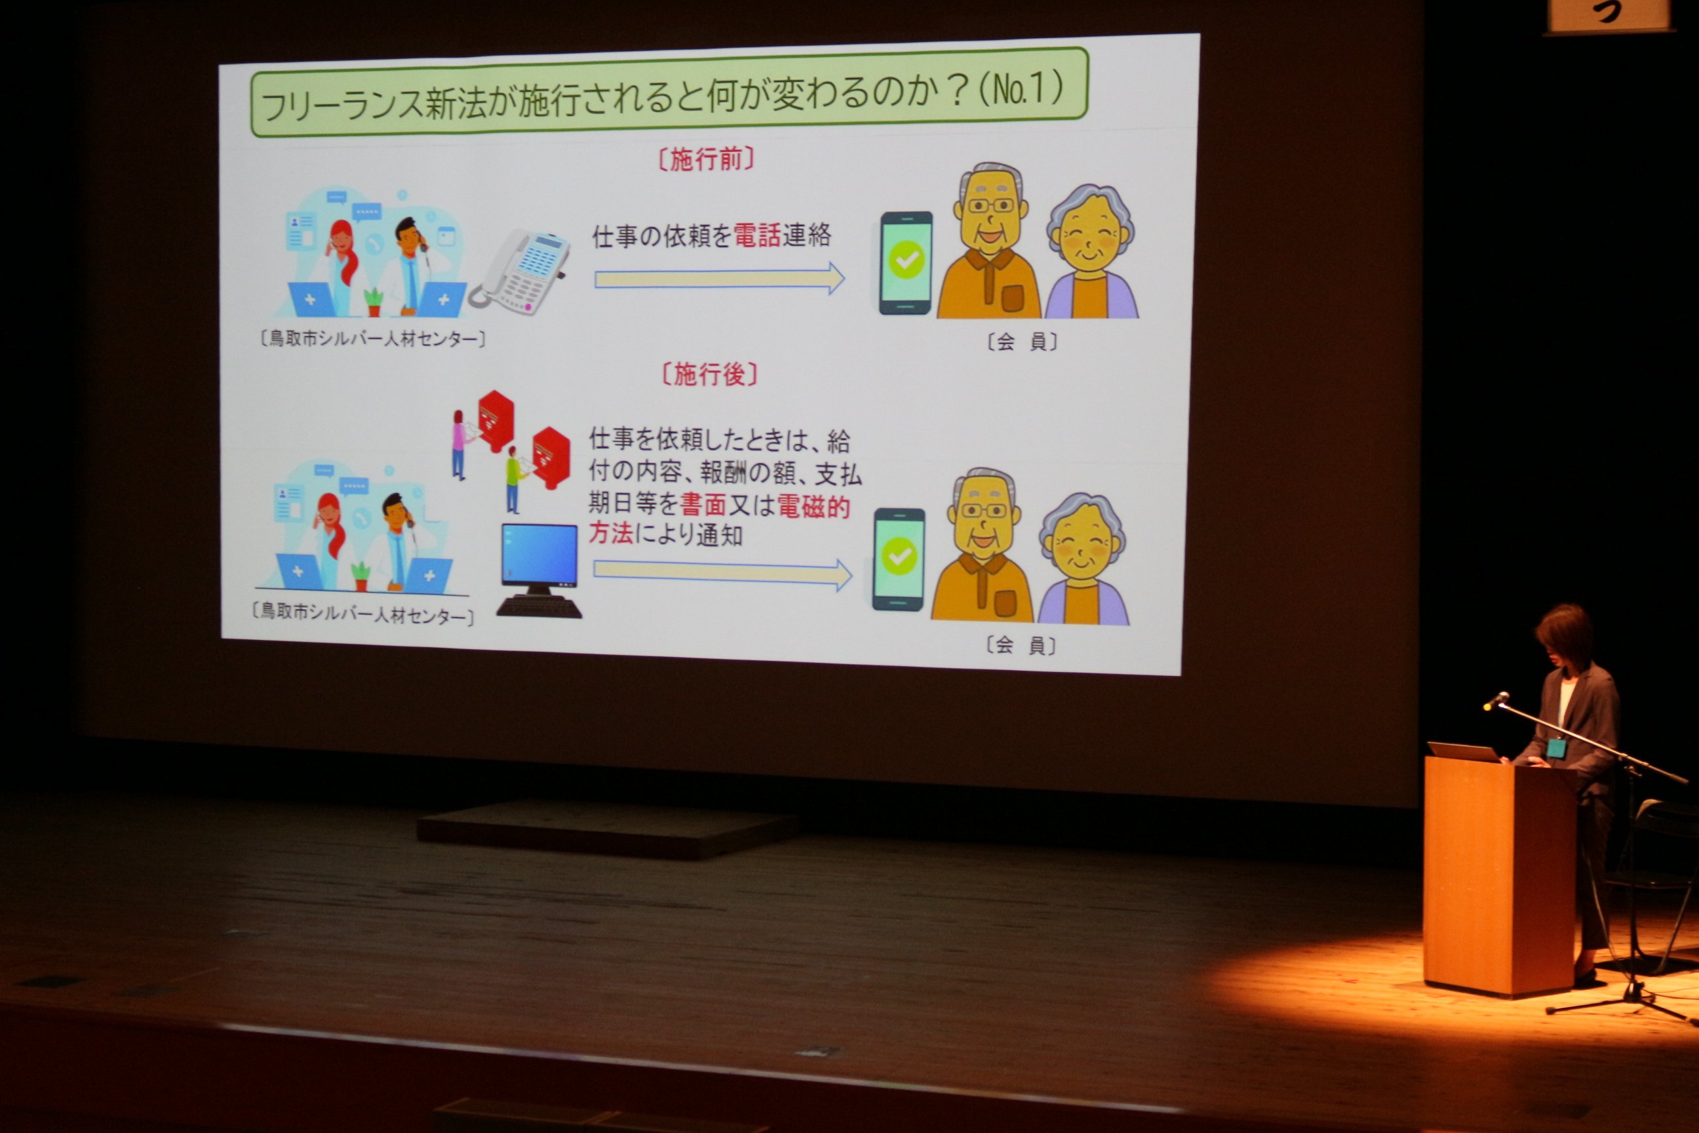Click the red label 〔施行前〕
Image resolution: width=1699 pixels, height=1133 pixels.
[x=706, y=159]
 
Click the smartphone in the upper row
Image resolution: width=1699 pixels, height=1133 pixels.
[x=906, y=262]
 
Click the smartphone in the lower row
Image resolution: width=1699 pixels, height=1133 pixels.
[x=899, y=559]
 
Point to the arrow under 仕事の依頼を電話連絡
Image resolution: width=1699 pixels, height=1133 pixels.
[x=720, y=279]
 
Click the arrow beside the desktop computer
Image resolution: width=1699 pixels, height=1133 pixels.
[x=723, y=574]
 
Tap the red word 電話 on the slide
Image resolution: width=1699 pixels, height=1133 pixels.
[x=758, y=235]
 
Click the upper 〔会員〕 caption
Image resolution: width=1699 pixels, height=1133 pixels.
[x=1022, y=342]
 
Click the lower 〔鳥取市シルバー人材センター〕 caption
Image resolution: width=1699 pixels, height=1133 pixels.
[x=362, y=614]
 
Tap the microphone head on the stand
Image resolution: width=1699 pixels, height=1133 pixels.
[x=1496, y=700]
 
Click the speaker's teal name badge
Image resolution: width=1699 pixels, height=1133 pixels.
[x=1556, y=747]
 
